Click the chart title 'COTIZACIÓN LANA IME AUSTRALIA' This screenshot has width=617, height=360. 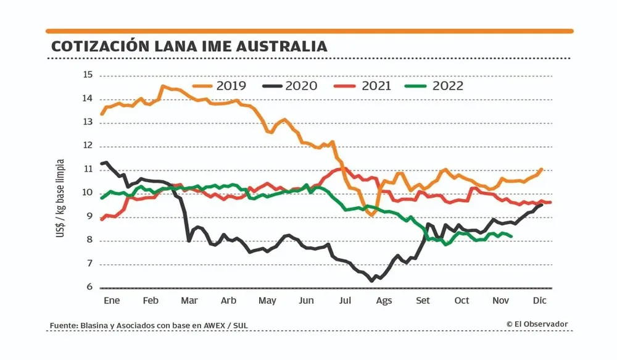[189, 47]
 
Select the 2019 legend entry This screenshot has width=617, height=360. [220, 86]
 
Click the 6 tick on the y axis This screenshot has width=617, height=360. [89, 288]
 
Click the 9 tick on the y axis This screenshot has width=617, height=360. [89, 217]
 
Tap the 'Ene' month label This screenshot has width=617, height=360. [112, 301]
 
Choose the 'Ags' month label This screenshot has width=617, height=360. [384, 301]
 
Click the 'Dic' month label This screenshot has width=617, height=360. [539, 301]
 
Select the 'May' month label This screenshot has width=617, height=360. [267, 301]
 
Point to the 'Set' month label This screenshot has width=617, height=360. [423, 301]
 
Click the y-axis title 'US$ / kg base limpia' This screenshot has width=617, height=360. [60, 193]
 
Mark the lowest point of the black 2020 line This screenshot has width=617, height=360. [371, 281]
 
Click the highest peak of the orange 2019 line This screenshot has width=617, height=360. [163, 86]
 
